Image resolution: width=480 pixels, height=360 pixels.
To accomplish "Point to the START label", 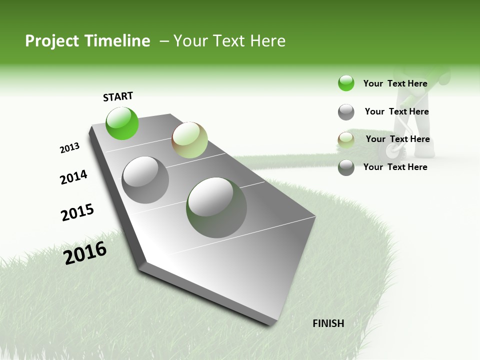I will click(118, 96).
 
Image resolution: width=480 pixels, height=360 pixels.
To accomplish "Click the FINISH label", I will click(328, 323).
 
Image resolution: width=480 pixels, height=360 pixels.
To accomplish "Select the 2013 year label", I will click(69, 147).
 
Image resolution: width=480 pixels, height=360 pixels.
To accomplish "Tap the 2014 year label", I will click(73, 177).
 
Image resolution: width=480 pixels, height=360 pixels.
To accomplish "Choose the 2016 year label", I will click(85, 252).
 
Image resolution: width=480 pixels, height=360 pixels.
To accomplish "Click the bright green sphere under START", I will click(122, 123).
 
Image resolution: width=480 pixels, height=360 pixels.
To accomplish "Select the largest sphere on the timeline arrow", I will click(216, 207).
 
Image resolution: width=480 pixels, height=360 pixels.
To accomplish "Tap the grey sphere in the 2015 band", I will click(145, 179).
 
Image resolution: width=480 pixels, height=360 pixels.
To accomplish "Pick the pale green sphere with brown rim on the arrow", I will click(189, 140).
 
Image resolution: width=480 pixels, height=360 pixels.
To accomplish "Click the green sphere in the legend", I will click(346, 83).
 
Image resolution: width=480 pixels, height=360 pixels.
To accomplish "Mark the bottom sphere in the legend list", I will click(346, 167).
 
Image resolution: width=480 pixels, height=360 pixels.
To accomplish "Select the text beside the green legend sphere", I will click(395, 83).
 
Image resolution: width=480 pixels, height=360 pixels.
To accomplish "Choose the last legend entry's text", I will click(395, 167).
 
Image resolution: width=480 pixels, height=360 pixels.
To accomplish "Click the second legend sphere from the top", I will click(346, 111).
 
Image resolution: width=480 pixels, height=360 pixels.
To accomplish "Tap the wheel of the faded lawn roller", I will click(390, 150).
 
